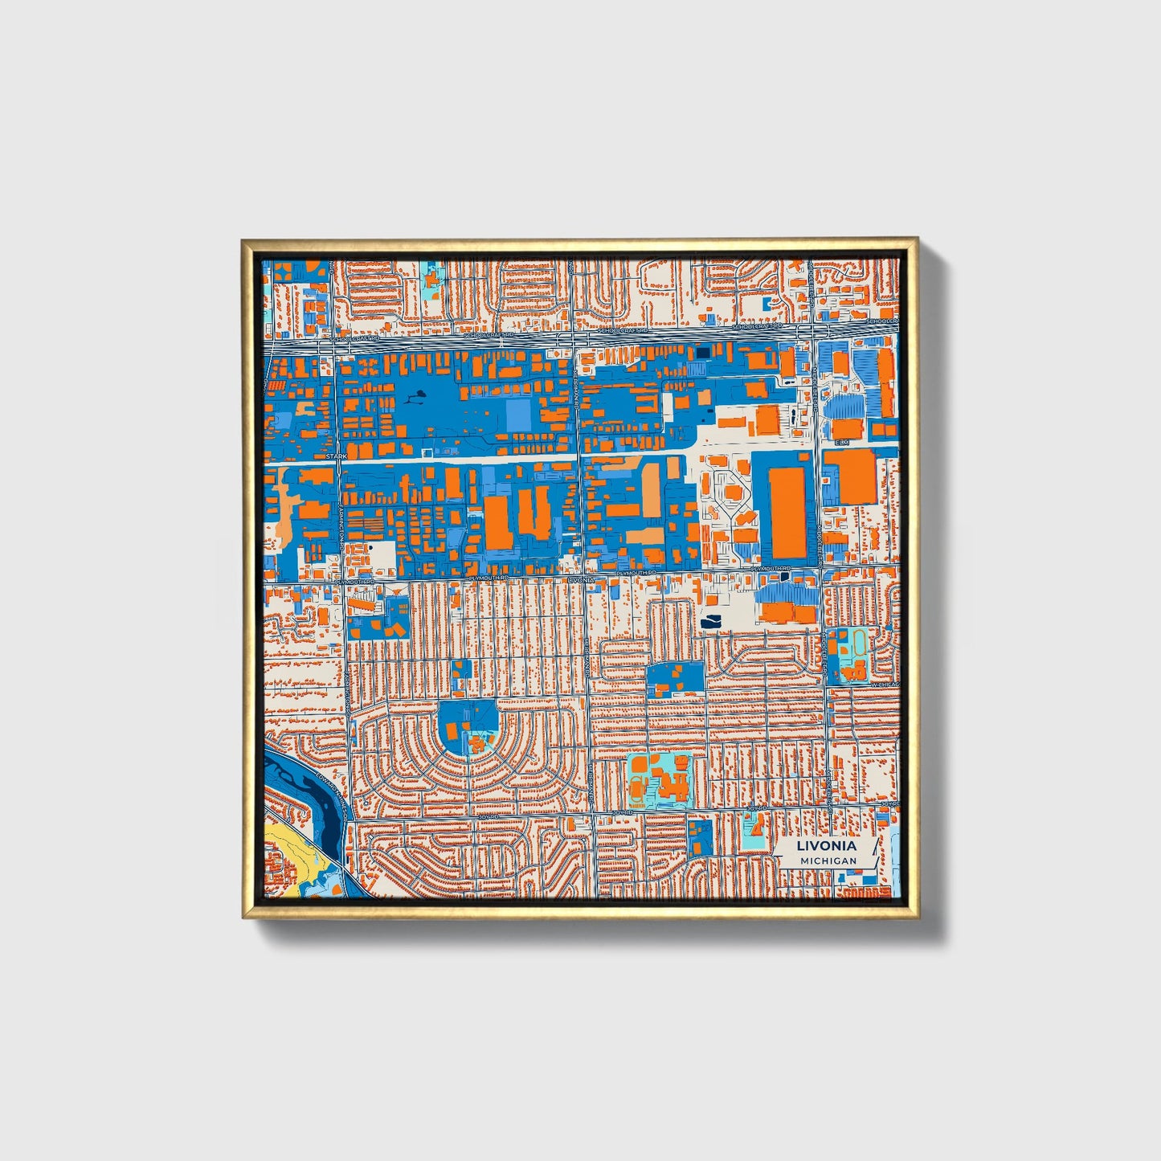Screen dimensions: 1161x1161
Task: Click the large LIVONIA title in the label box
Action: click(x=826, y=846)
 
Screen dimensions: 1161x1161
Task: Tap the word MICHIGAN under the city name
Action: click(x=828, y=861)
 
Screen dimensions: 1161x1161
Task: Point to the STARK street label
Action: click(x=337, y=456)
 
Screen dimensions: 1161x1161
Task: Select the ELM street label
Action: click(x=841, y=443)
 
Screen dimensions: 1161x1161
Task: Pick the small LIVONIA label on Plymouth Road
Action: click(x=581, y=578)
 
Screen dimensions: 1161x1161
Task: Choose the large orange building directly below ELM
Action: click(x=849, y=476)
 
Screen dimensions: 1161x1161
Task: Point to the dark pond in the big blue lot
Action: click(x=418, y=396)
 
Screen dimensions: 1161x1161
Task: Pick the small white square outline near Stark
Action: click(x=427, y=453)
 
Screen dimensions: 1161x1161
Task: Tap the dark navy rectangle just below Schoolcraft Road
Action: click(x=703, y=352)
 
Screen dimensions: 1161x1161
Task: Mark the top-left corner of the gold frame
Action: click(x=243, y=240)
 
